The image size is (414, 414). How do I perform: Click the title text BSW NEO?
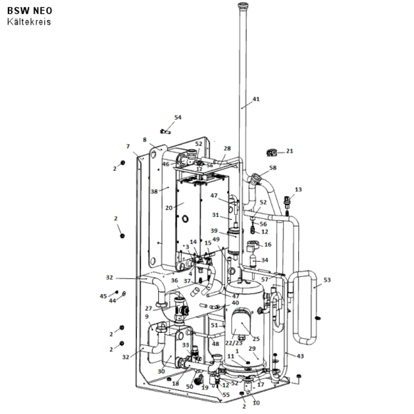[29, 11]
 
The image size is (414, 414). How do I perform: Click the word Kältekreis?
[29, 22]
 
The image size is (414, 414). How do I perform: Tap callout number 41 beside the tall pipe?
[256, 99]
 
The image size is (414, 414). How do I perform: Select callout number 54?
[178, 117]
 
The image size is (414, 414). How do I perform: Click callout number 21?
[290, 151]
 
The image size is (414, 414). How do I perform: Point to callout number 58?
[273, 168]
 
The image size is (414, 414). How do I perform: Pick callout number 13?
[298, 189]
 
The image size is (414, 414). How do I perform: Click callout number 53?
[327, 279]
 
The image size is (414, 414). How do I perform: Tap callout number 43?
[300, 356]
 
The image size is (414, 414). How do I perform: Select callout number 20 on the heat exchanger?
[169, 208]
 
